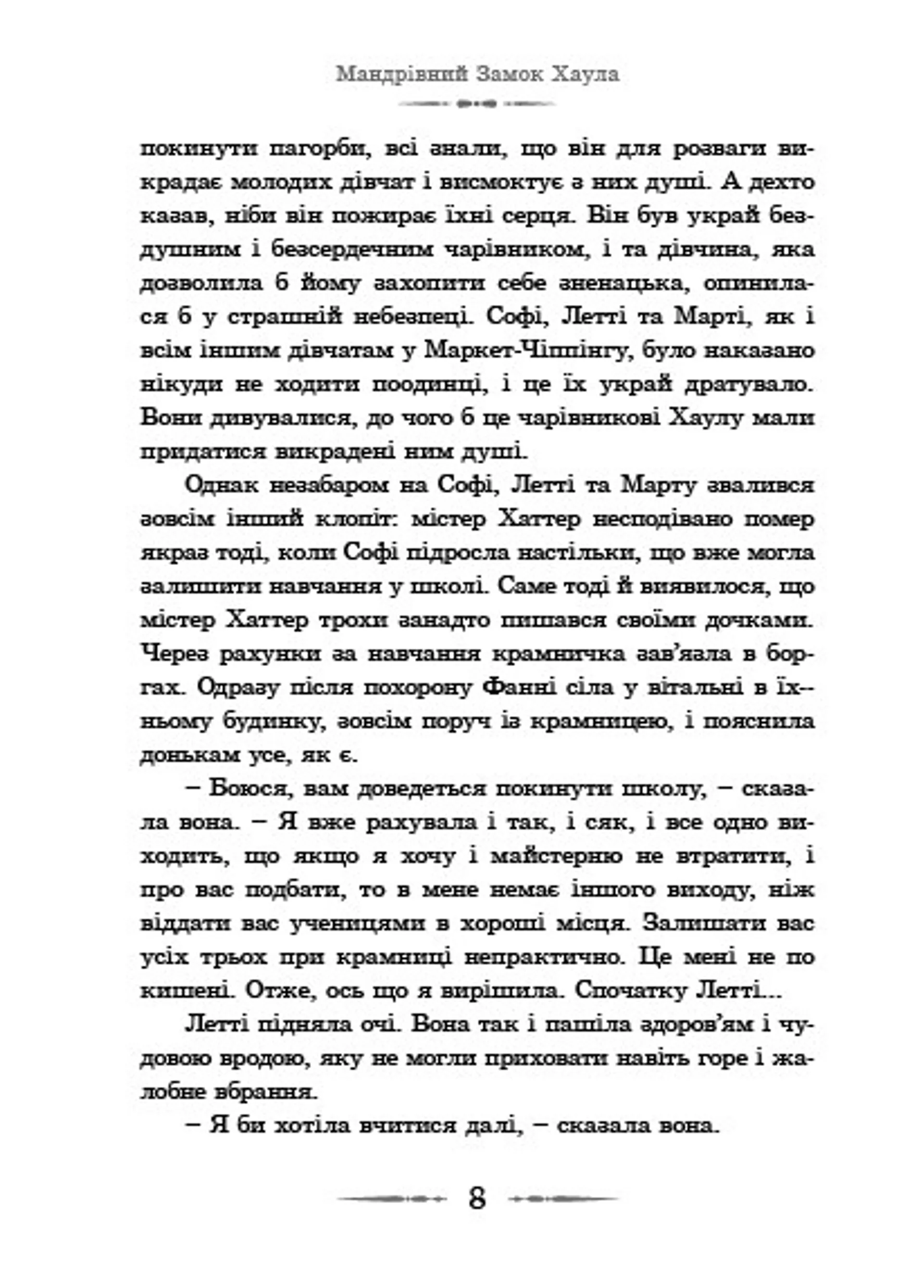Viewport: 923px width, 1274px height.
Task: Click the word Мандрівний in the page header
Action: tap(401, 75)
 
